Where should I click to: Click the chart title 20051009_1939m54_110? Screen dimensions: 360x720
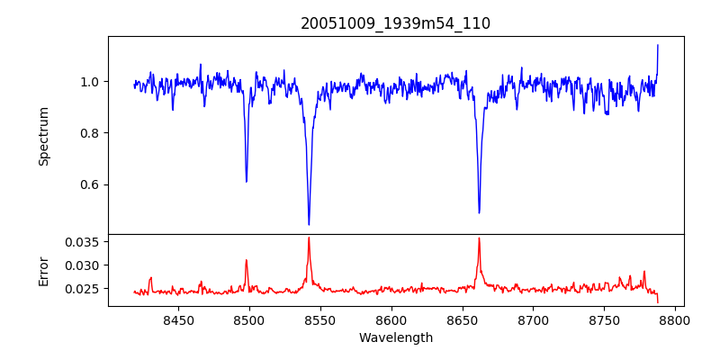(395, 23)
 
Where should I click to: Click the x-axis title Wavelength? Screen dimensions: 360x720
(395, 337)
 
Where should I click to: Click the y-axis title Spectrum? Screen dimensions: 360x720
(43, 136)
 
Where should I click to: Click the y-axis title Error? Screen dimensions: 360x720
(43, 270)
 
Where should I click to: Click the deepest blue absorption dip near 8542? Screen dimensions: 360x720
(309, 224)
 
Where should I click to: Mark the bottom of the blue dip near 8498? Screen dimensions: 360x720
(247, 181)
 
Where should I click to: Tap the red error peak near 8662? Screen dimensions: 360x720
(479, 238)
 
